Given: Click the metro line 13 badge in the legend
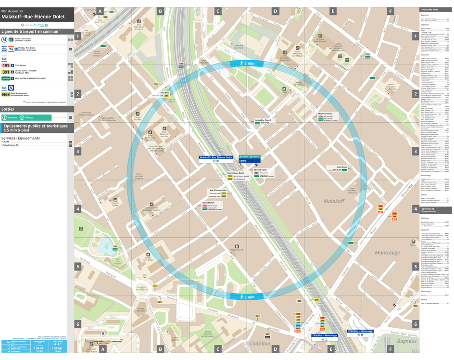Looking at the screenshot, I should point(11,39).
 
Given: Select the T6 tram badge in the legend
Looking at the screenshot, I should point(11,49).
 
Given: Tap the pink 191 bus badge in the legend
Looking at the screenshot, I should point(6,65).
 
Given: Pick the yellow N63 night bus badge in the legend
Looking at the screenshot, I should point(6,94).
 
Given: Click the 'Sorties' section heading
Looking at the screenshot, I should point(8,109).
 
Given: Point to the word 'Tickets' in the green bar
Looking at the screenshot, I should point(29,117).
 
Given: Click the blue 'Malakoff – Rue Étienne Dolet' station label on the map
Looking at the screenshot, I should point(216,157).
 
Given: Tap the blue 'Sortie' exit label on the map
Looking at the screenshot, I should point(243,161).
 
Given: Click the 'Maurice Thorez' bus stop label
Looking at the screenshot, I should point(326,114).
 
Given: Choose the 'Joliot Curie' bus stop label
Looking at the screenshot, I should point(341,167).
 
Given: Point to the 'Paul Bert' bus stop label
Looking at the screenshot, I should point(164,92).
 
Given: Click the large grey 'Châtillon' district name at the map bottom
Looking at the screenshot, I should point(260,343).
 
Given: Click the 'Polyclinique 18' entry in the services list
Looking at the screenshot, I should point(11,145).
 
